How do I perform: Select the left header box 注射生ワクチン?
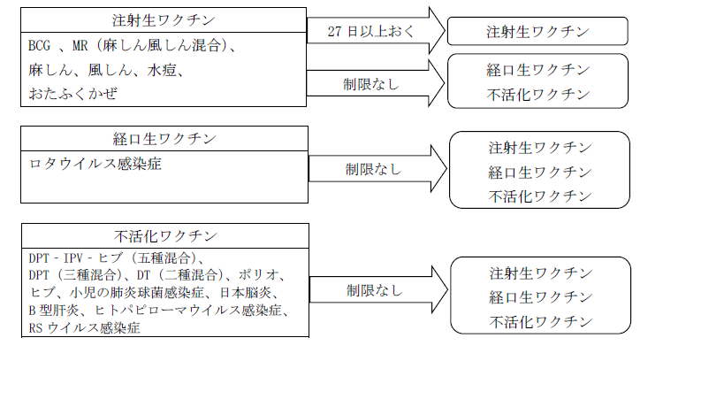pos(164,19)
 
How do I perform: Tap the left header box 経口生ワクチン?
pos(164,139)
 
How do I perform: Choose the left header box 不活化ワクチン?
pos(164,236)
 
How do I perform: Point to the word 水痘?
pos(165,69)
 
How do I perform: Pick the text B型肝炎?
pos(56,311)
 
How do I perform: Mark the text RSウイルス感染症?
pos(84,327)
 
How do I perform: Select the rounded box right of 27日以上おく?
pos(537,32)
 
